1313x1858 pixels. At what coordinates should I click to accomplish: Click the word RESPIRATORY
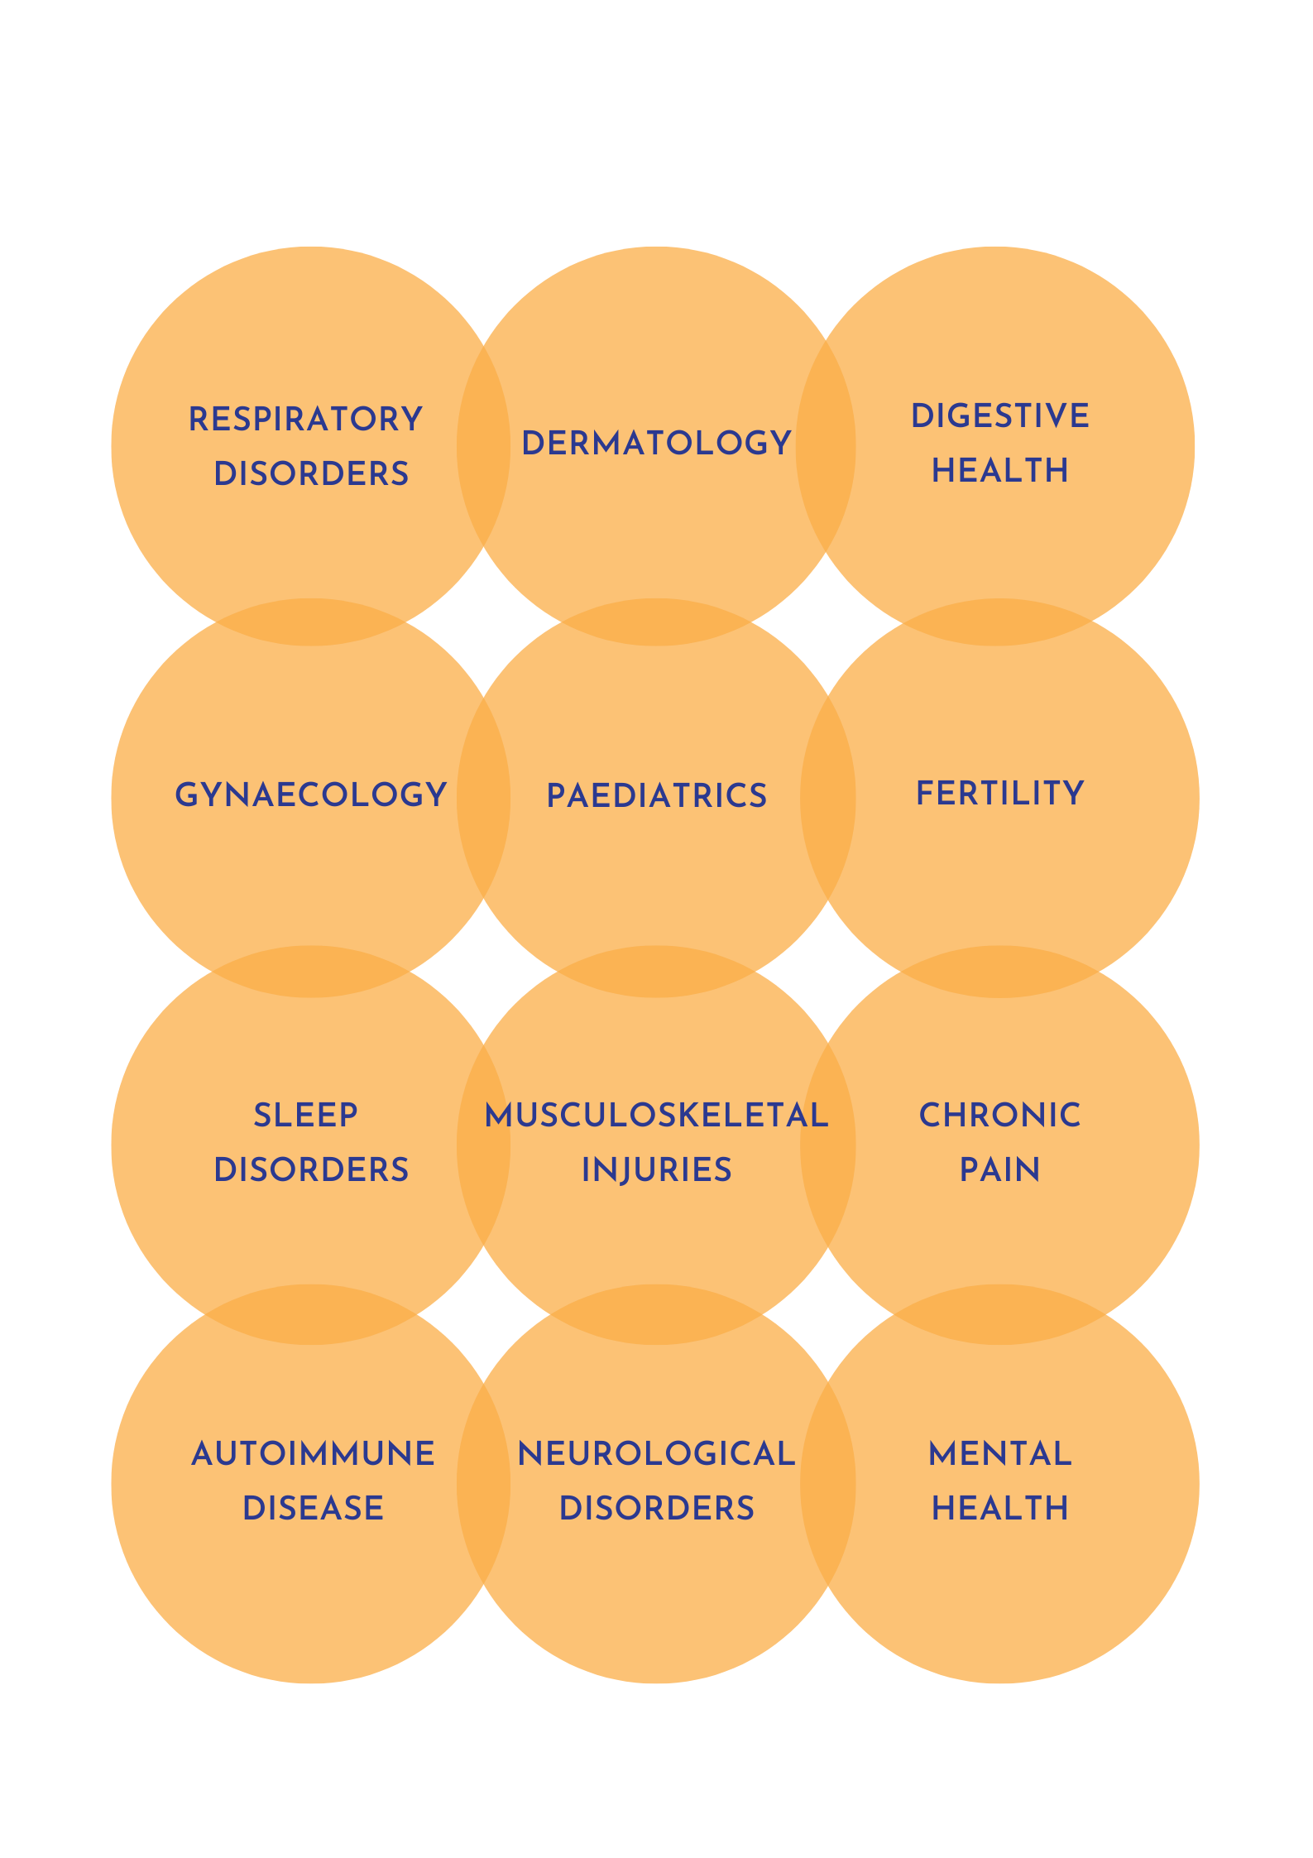(305, 420)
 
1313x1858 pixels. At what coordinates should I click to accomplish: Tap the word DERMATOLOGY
(656, 444)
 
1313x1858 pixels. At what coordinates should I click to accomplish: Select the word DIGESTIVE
(999, 416)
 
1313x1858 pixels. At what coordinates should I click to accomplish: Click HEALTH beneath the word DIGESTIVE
(999, 471)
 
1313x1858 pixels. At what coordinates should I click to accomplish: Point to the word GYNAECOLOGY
(311, 795)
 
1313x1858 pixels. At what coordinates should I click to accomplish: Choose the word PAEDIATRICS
(656, 796)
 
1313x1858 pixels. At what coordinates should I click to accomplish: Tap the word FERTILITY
(999, 794)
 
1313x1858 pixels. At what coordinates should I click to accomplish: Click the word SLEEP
(305, 1116)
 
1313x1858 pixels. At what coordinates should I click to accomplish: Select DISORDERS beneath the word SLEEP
(311, 1170)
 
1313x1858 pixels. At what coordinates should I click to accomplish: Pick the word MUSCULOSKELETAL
(656, 1116)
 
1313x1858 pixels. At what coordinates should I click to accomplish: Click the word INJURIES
(656, 1170)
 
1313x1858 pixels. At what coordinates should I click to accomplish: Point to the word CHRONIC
(999, 1116)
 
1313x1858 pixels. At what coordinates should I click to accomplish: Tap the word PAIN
(999, 1170)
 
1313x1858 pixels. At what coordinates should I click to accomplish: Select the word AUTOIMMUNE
(313, 1454)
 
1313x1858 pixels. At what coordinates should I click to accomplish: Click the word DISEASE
(313, 1509)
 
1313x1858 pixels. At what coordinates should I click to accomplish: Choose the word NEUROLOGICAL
(656, 1454)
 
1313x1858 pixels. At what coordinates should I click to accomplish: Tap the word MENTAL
(999, 1454)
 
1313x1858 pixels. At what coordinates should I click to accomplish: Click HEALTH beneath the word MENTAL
(999, 1509)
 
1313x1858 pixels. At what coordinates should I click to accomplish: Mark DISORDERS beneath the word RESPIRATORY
(311, 474)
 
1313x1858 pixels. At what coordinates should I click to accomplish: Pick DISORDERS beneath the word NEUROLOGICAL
(656, 1509)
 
